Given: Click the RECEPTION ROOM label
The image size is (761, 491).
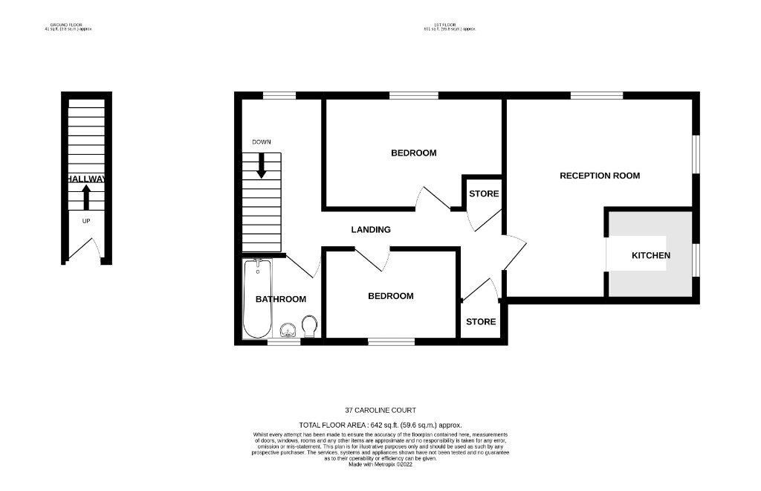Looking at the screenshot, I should coord(599,176).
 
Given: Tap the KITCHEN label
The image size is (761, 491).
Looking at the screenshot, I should coord(650,255).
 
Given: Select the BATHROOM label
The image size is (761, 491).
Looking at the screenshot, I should coord(281,299).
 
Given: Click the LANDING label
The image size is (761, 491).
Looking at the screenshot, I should coord(370,230).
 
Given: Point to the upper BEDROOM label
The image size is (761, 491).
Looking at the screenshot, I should coord(413,153).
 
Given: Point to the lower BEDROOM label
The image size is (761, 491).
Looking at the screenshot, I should coord(391,295).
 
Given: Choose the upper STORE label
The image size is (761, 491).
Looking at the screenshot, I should coord(483,193).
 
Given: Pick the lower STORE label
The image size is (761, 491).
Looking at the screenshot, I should coord(481,322).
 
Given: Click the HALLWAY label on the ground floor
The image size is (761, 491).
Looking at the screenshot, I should coord(86,179).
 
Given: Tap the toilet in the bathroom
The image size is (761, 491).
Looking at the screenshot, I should coord(310,324).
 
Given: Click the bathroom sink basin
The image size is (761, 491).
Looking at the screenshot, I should coord(288,330).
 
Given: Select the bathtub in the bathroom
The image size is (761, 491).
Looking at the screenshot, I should coord(256,298).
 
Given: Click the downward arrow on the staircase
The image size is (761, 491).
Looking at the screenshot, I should coord(261,166).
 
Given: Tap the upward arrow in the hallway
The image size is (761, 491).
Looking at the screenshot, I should coord(86,197).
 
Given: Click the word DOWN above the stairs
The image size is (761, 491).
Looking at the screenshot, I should coord(261,141).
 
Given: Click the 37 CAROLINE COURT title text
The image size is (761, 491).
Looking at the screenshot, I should coord(380,410).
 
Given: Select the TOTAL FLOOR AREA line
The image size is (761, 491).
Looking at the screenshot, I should coord(380,424).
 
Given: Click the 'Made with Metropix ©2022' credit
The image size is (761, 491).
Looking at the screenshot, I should coord(380,464).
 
